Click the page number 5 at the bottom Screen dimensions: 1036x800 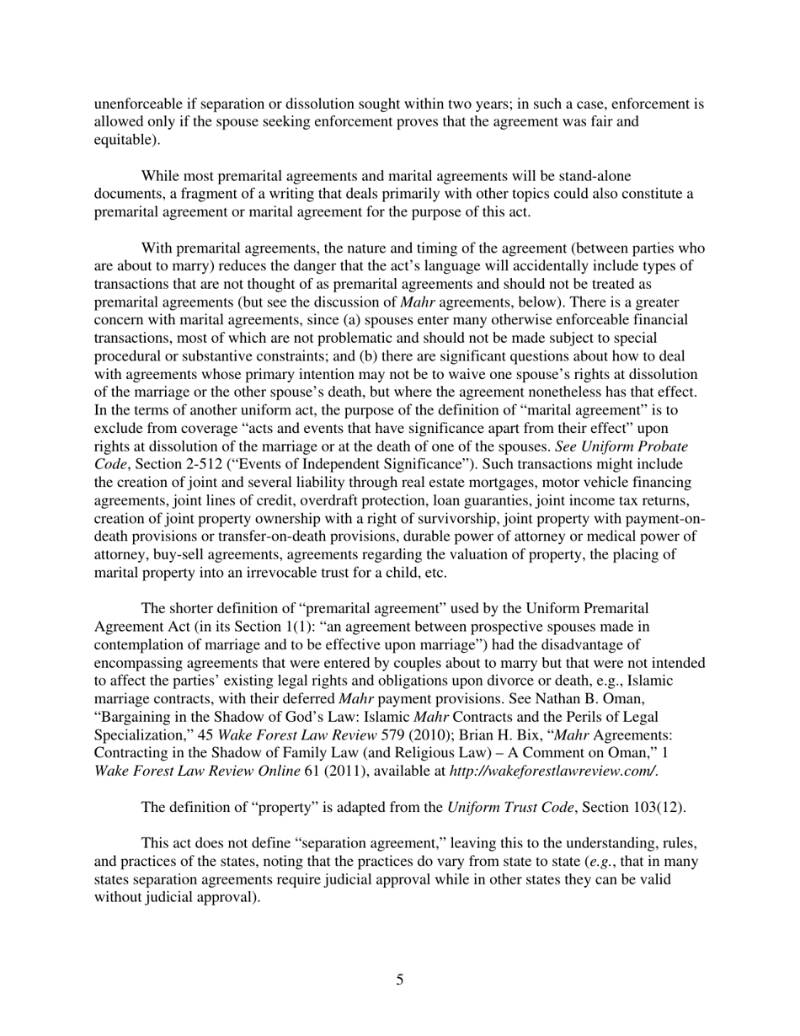coord(399,980)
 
